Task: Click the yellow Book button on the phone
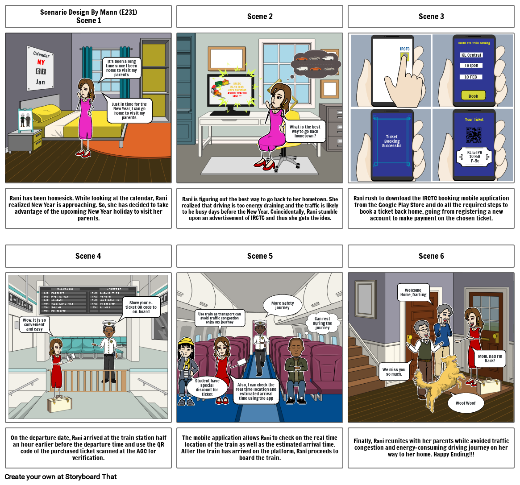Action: pos(473,95)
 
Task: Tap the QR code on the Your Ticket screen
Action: pos(474,135)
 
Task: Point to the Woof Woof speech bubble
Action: pos(466,403)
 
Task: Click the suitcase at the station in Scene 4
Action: pos(60,404)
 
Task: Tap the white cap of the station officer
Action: pos(109,323)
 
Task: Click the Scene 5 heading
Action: pos(260,256)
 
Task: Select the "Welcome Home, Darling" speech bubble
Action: pos(413,292)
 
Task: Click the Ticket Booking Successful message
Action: pos(391,141)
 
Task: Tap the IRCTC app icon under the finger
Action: pos(405,57)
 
